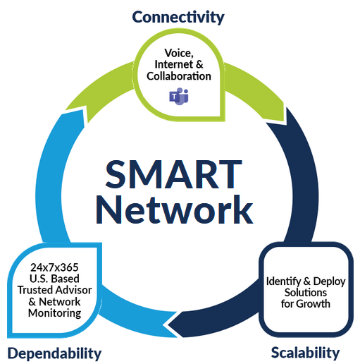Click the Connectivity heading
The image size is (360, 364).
pos(178,18)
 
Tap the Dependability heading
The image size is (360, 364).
pos(54,353)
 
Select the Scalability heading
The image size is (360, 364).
pos(305,353)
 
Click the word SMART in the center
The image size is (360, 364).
pos(173,174)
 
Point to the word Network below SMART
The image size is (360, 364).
pos(174,210)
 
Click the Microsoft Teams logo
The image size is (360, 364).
pos(179,96)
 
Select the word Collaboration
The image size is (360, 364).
pos(179,76)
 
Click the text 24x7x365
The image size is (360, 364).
pos(54,267)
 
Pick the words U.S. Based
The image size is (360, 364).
pos(54,279)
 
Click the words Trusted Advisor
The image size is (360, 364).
pos(54,290)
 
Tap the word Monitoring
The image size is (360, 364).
pos(54,313)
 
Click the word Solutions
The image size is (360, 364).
pos(306,293)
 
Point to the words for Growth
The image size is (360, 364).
pos(306,304)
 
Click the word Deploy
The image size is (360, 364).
pos(329,281)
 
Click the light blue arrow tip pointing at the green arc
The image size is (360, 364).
pos(82,111)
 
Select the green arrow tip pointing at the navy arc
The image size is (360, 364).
pos(286,123)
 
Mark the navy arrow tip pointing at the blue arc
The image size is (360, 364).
pos(170,325)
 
